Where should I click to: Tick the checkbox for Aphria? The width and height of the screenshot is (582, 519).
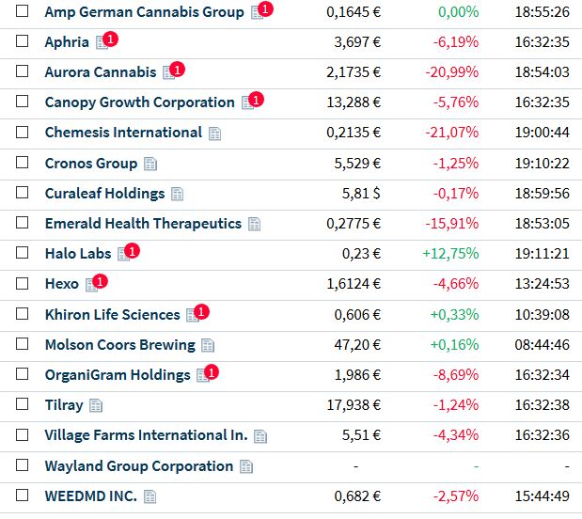coord(23,42)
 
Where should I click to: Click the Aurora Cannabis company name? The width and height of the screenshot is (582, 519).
coord(100,72)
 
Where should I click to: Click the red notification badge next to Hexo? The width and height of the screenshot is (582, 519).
coord(100,281)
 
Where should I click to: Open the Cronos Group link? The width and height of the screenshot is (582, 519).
coord(90,163)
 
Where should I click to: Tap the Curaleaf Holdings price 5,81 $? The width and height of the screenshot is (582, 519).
coord(360,194)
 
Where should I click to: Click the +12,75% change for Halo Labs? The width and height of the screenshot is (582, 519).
coord(450,254)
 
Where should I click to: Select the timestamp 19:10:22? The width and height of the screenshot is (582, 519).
coord(542,163)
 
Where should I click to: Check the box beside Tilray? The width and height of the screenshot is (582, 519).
coord(23,404)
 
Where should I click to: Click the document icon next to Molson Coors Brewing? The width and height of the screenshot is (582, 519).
coord(208,345)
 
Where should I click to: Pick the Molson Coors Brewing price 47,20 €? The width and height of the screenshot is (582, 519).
coord(358,345)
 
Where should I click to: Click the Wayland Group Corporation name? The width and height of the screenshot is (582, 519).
coord(138,466)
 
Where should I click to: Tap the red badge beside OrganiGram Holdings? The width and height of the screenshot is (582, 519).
coord(212,372)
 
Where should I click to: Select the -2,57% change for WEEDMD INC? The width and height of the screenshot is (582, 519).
coord(455,496)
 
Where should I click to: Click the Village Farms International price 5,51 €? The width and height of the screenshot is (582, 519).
coord(360,435)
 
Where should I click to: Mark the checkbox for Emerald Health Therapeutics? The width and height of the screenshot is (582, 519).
coord(23,224)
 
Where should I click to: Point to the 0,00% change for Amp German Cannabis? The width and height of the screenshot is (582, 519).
coord(458,12)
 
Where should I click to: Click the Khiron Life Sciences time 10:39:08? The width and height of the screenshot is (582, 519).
coord(542,315)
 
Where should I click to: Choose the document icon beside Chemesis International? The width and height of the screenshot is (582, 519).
coord(214,134)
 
